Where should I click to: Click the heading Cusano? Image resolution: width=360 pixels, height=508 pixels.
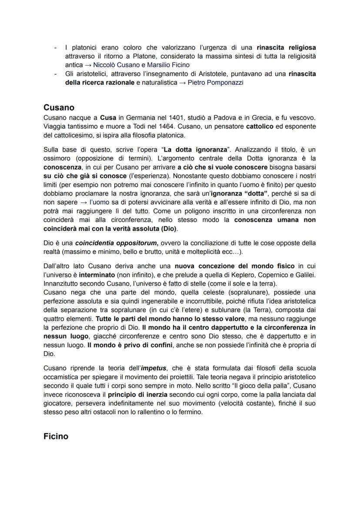[x=59, y=107]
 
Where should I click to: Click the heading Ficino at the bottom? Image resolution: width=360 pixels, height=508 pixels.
[x=56, y=436]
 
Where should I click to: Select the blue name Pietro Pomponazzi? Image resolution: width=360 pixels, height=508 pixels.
[x=215, y=83]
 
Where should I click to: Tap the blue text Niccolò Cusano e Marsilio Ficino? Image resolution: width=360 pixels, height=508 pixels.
[x=141, y=65]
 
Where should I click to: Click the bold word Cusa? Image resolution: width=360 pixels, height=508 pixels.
[x=107, y=118]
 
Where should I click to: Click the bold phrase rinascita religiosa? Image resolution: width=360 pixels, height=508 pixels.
[x=286, y=47]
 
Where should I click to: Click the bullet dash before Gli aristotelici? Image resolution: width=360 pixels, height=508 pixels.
[x=55, y=74]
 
